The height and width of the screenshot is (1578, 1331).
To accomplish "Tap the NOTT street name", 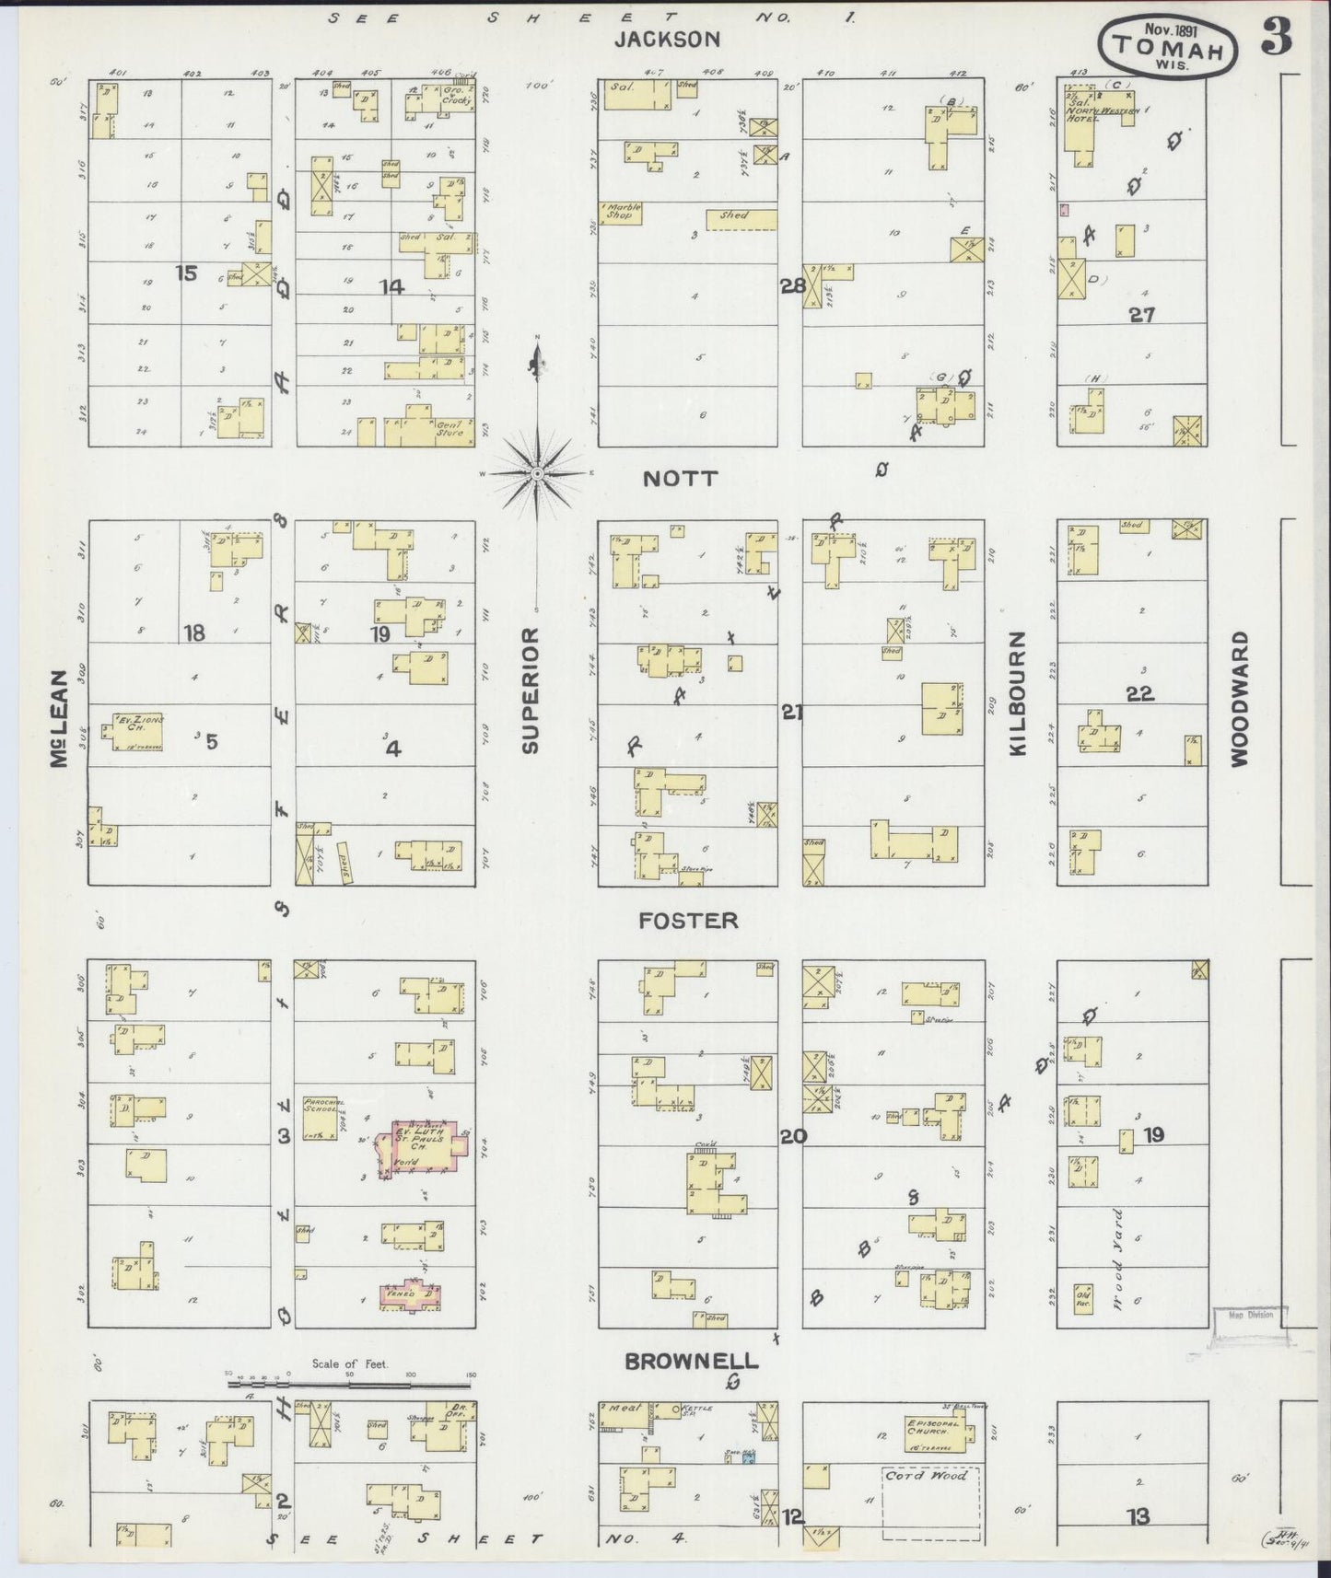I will (x=680, y=479).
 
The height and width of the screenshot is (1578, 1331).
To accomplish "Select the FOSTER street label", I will (x=690, y=920).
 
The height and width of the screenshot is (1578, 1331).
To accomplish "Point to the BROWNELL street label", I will (x=691, y=1361).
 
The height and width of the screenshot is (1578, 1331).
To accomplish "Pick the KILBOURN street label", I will (x=1018, y=693).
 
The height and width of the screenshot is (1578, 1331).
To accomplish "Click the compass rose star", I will (x=536, y=473).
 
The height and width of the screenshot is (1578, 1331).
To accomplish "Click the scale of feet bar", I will (x=350, y=1381).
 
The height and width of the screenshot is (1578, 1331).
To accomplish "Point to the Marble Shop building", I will (x=620, y=214).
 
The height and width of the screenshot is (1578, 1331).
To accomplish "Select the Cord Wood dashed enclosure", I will (x=929, y=1502).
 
